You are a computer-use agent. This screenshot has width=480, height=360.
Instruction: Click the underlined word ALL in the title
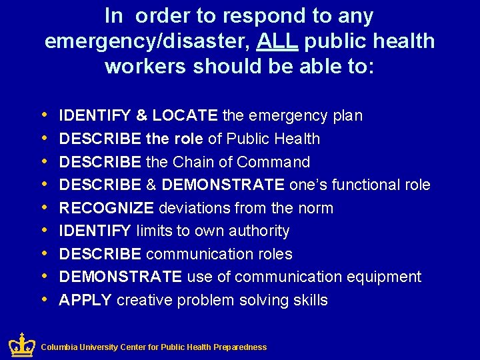279,41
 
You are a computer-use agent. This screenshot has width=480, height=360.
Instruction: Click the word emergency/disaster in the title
146,41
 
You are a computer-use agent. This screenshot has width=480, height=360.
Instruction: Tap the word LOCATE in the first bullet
185,116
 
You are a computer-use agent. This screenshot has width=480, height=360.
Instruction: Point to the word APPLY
85,300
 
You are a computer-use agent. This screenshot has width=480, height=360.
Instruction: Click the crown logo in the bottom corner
21,345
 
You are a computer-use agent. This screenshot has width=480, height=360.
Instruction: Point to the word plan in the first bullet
348,116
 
